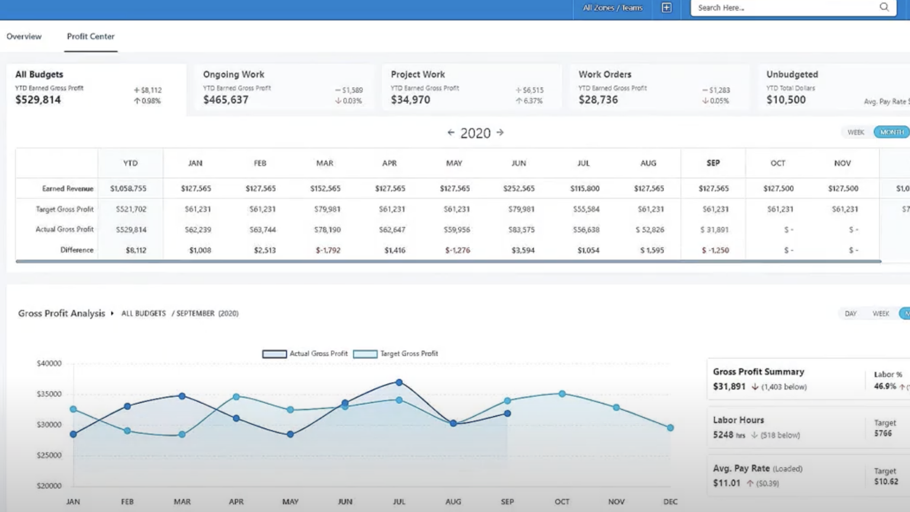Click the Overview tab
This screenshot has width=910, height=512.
tap(24, 37)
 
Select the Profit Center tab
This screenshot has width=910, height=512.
tap(91, 37)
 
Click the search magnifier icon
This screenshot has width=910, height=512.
tap(884, 8)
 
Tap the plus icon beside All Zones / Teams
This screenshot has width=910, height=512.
tap(667, 8)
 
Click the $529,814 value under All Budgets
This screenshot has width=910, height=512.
tap(38, 100)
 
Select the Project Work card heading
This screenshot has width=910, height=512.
tap(418, 75)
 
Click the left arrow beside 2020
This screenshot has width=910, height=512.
tap(451, 133)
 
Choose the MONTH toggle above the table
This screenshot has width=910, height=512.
tap(891, 132)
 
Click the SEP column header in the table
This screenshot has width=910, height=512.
tap(713, 163)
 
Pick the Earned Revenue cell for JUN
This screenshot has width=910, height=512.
tap(519, 188)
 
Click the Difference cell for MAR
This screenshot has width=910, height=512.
tap(328, 250)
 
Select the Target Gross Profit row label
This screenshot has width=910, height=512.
tap(65, 209)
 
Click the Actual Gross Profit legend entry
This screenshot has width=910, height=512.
tap(305, 354)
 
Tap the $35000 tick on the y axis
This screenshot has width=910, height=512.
tap(49, 394)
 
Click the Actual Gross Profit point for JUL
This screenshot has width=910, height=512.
tap(399, 383)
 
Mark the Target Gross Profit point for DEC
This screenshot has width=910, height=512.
tap(670, 428)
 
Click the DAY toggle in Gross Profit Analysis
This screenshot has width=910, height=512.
tap(851, 313)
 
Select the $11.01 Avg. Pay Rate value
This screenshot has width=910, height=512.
tap(727, 483)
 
